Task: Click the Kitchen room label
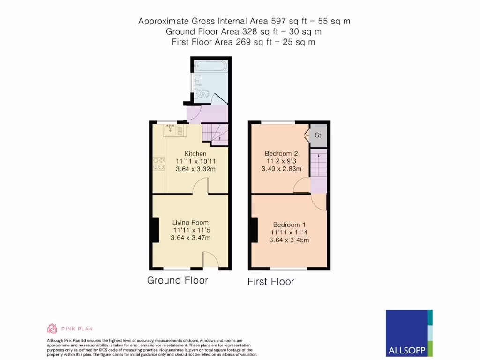pyautogui.click(x=195, y=154)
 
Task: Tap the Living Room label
pyautogui.click(x=190, y=223)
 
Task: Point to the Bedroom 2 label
pyautogui.click(x=281, y=154)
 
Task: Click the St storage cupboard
pyautogui.click(x=318, y=135)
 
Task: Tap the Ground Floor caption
pyautogui.click(x=177, y=280)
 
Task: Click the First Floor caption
pyautogui.click(x=271, y=281)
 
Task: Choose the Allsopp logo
pyautogui.click(x=409, y=333)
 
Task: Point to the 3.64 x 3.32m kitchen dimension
pyautogui.click(x=195, y=169)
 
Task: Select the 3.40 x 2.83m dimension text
pyautogui.click(x=281, y=169)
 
